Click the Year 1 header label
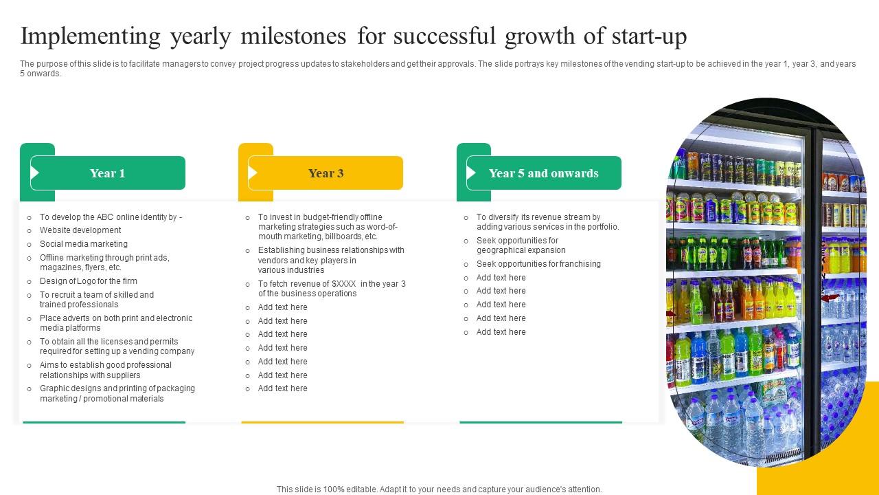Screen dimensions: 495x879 click(x=108, y=173)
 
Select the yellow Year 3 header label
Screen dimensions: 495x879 click(x=326, y=173)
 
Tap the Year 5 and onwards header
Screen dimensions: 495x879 click(x=543, y=173)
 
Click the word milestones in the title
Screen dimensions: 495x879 click(x=293, y=36)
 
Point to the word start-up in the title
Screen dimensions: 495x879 click(x=648, y=36)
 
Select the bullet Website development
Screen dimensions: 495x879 click(x=80, y=230)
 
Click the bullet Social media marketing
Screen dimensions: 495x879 click(x=84, y=244)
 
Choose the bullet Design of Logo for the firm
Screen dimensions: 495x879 click(x=89, y=281)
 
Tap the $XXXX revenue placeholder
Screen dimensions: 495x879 click(x=344, y=284)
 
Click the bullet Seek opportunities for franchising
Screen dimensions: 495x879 click(x=538, y=264)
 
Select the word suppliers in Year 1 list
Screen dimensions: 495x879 click(x=124, y=375)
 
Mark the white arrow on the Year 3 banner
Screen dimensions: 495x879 click(x=253, y=173)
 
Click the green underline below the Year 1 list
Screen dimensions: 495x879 click(x=104, y=422)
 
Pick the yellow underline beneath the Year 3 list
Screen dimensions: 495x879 click(x=322, y=422)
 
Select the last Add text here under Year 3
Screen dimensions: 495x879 click(x=283, y=388)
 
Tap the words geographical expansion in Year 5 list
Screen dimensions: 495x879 click(x=521, y=250)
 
